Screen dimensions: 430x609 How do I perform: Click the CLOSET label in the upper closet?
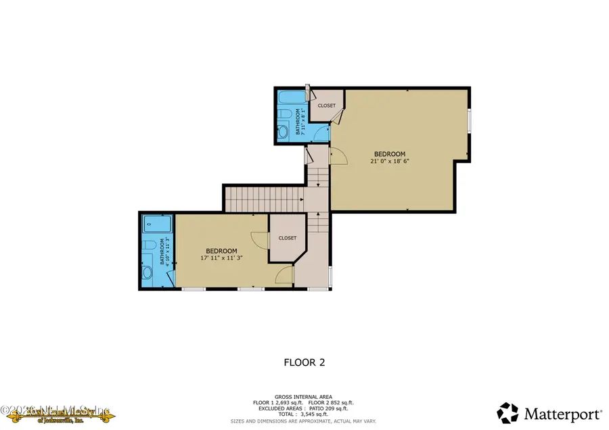[x=327, y=105]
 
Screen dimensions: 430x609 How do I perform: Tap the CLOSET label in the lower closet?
[x=287, y=238]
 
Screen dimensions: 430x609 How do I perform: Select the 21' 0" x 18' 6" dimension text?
[x=390, y=162]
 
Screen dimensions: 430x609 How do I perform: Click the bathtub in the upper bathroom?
[x=286, y=97]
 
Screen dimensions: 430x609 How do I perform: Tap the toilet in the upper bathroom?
[x=285, y=113]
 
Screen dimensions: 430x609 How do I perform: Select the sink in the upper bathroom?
[x=284, y=131]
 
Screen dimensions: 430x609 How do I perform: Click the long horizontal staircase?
[x=263, y=199]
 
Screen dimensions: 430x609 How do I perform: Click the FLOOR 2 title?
[x=304, y=362]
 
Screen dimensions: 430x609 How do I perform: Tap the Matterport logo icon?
[x=510, y=412]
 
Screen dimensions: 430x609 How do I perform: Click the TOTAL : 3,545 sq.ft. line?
[x=304, y=414]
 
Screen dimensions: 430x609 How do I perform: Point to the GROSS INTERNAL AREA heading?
[x=304, y=397]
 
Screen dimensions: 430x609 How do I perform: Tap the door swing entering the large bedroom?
[x=339, y=156]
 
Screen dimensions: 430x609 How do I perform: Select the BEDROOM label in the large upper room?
[x=390, y=153]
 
